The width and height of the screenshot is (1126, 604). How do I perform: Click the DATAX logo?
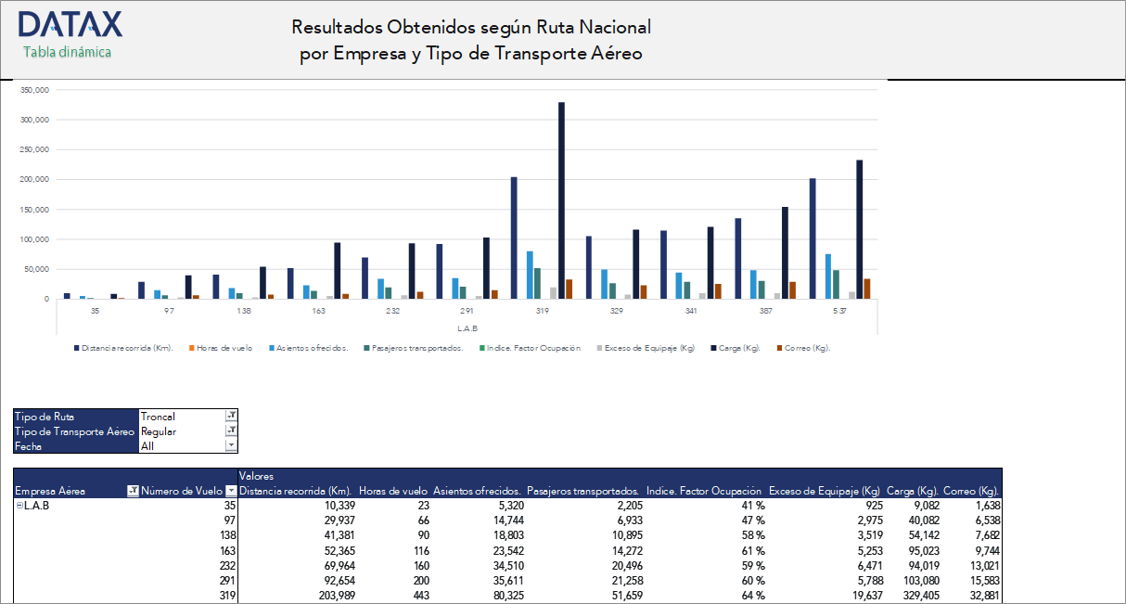(x=70, y=24)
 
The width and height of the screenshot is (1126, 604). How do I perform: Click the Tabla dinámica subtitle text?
(x=67, y=53)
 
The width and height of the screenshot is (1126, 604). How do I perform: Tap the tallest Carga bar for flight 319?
(x=561, y=200)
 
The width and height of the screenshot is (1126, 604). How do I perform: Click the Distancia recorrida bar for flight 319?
(x=514, y=238)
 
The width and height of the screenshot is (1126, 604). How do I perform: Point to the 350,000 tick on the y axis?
(x=33, y=90)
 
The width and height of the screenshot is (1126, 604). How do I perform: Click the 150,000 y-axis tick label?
(x=33, y=210)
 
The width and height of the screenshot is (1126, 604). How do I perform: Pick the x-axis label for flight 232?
(x=393, y=312)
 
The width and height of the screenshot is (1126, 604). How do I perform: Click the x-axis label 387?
(x=765, y=312)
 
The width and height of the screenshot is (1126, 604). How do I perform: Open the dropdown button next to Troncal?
(x=231, y=417)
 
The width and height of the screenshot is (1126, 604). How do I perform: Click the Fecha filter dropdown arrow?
(x=231, y=446)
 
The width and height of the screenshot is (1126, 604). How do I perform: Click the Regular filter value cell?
(x=180, y=431)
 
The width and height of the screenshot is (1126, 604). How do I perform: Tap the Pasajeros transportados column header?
(x=582, y=491)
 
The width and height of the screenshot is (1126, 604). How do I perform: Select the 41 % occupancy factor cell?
(x=752, y=506)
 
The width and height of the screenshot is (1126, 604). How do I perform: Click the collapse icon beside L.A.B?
(x=19, y=506)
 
